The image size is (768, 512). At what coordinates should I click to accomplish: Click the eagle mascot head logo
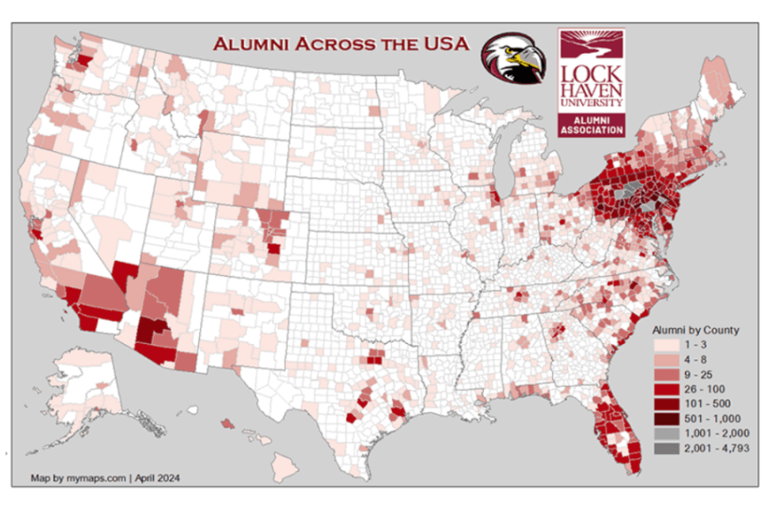(x=514, y=59)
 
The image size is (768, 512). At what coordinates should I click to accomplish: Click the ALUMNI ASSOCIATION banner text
(x=591, y=125)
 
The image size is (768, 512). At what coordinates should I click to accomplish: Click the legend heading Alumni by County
(x=696, y=330)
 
